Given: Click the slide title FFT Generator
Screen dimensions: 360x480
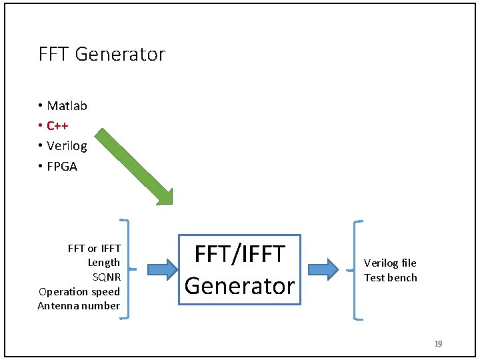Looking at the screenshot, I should tap(101, 54).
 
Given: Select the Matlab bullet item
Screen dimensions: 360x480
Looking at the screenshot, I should tap(67, 106).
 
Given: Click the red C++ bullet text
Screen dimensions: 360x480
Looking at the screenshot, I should tap(57, 126).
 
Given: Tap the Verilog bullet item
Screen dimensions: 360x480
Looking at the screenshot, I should tap(67, 146).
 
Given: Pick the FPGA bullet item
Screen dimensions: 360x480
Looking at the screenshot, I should tap(62, 167).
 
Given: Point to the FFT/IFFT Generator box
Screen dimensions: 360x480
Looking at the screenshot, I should tap(239, 269).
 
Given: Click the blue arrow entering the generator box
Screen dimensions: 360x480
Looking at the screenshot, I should tap(162, 269).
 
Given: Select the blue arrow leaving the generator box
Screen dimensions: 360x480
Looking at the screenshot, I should tap(323, 269).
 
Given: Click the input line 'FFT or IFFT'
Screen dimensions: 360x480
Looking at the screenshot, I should tap(94, 249).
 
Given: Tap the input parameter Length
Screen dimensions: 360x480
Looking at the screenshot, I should tap(104, 263).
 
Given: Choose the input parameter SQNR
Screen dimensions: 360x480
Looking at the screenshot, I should tap(106, 277).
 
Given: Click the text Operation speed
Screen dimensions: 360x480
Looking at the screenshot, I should tap(79, 291).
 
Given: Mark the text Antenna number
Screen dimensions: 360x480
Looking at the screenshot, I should tap(79, 306).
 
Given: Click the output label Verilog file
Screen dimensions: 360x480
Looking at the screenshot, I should tap(390, 263).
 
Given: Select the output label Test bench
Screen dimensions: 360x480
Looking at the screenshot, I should tap(391, 278).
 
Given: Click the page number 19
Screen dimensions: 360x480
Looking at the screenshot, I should tap(438, 344).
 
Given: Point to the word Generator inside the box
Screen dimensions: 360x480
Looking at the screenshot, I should tap(239, 285).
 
